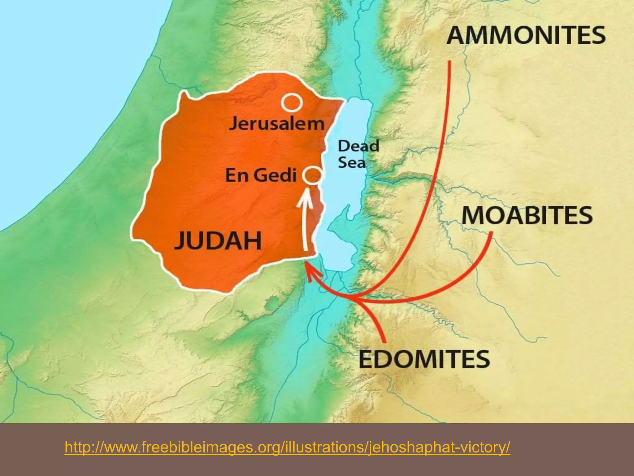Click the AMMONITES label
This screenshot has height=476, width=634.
[526, 35]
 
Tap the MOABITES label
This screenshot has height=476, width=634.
[527, 215]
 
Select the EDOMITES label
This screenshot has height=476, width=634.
[424, 359]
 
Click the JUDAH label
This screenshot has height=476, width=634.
[218, 240]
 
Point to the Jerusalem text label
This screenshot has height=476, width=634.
[276, 124]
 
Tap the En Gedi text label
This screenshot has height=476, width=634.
[261, 175]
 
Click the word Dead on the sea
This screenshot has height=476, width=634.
[358, 146]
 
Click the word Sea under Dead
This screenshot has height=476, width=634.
[352, 163]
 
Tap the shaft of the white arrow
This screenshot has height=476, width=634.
[306, 229]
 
